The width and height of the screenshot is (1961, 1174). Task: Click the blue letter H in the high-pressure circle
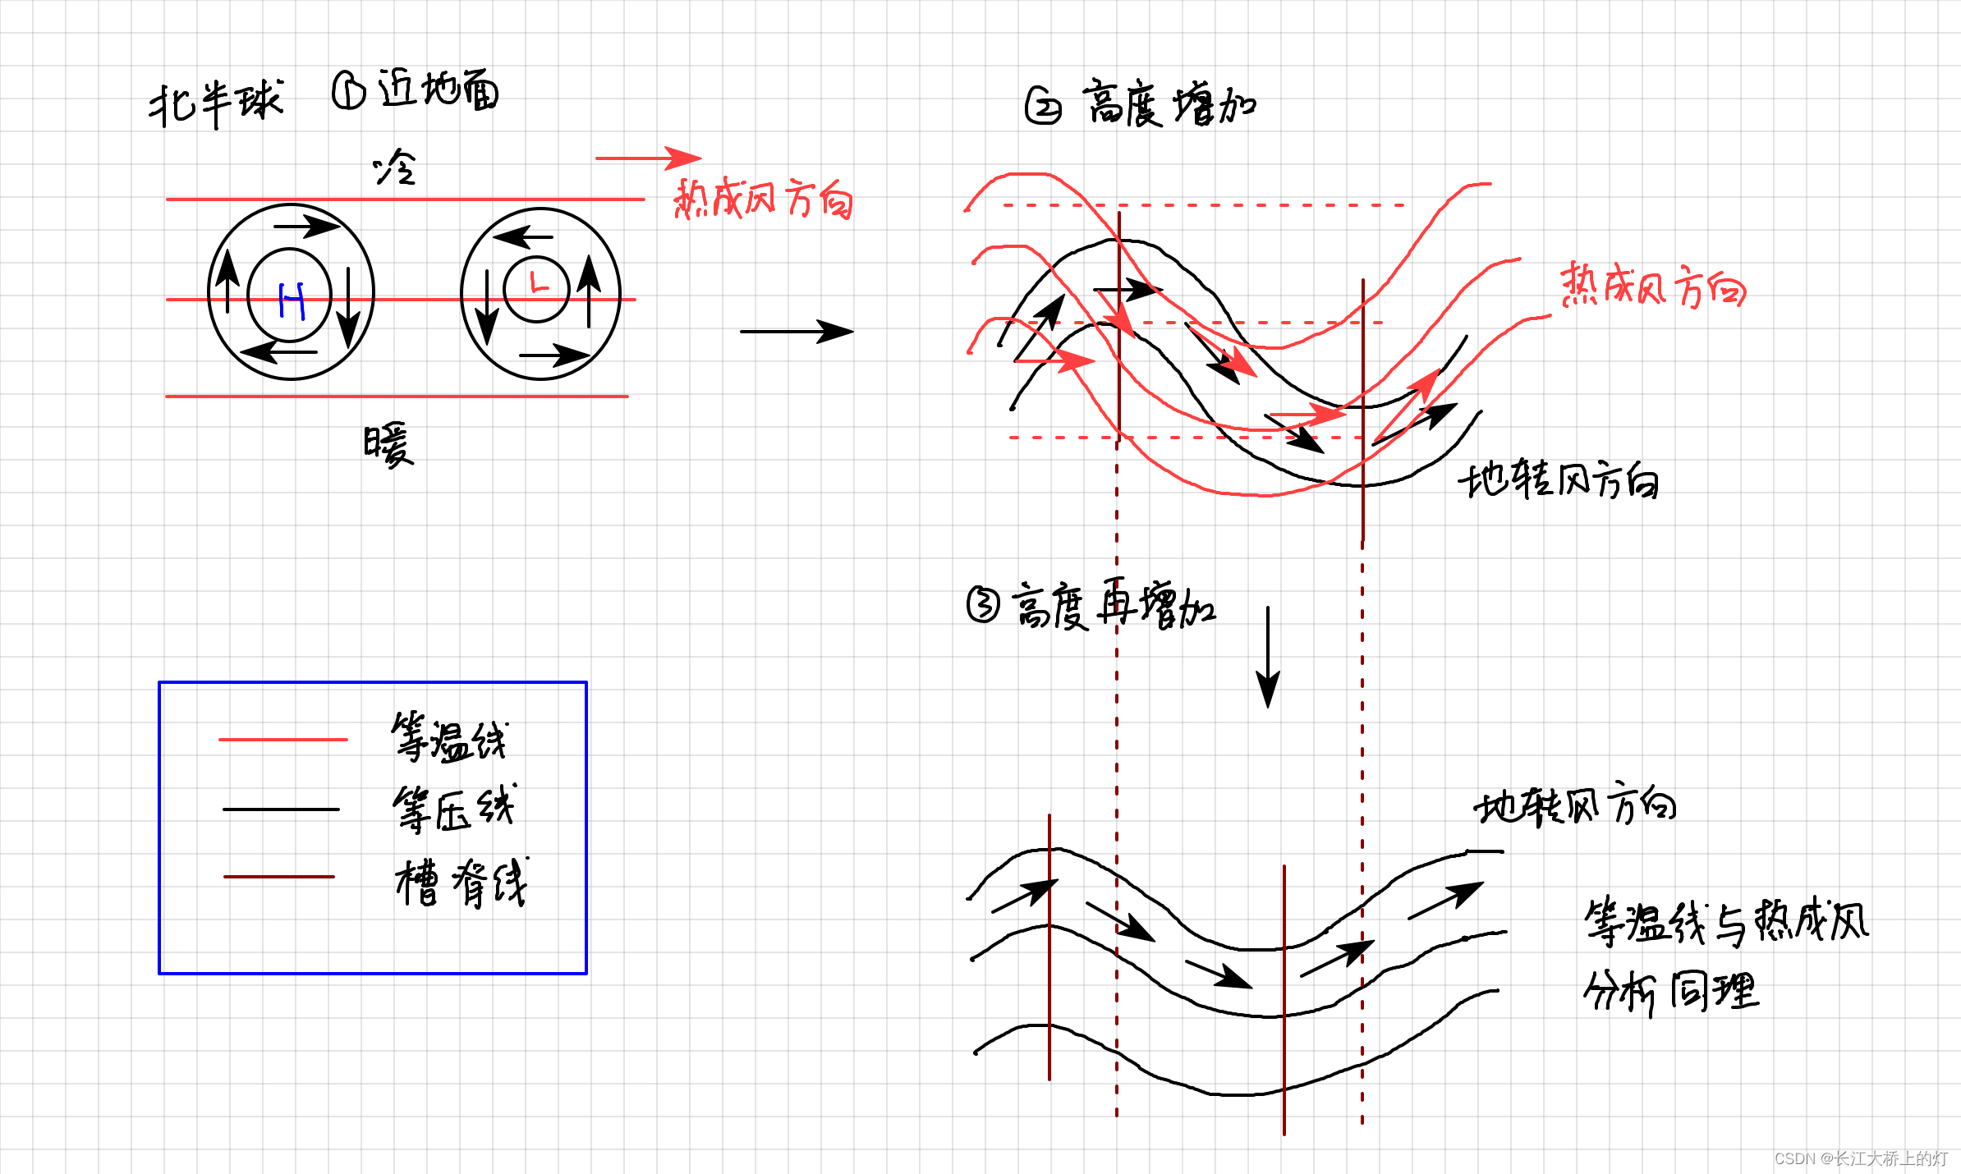[292, 300]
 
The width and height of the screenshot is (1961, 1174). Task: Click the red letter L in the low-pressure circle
[538, 283]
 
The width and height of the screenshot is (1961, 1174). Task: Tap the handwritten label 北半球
[216, 103]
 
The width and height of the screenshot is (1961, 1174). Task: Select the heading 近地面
[438, 89]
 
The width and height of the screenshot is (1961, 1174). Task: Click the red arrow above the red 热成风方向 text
[648, 158]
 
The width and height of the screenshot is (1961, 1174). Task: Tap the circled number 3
[983, 605]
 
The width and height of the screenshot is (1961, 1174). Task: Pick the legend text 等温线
[449, 737]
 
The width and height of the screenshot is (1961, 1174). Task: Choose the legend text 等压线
[453, 809]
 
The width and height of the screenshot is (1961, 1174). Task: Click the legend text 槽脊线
[461, 883]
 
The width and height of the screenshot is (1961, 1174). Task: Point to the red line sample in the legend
[283, 740]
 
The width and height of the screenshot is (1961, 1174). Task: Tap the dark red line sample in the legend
[279, 877]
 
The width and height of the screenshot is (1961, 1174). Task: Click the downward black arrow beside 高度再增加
[1268, 657]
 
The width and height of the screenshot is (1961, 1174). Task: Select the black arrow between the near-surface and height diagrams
[796, 332]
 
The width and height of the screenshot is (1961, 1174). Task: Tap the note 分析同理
[1671, 991]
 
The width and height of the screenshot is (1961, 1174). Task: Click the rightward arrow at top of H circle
[306, 226]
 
